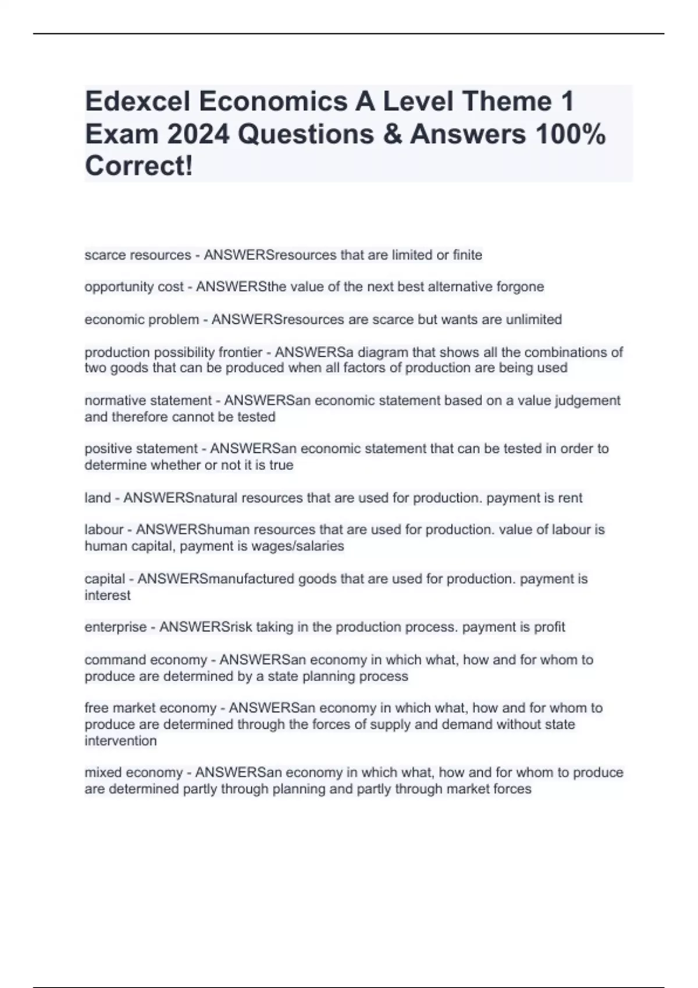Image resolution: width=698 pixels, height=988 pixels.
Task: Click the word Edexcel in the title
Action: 137,102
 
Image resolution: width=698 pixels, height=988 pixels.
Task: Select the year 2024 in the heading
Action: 198,134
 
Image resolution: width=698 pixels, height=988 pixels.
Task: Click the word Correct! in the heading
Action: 139,166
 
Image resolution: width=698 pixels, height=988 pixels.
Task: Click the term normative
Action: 119,400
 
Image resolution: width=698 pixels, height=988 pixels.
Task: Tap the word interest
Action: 108,595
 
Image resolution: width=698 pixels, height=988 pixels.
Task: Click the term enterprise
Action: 116,627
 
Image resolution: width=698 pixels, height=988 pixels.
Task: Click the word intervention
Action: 120,741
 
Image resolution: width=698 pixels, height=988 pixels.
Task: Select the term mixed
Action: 103,773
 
